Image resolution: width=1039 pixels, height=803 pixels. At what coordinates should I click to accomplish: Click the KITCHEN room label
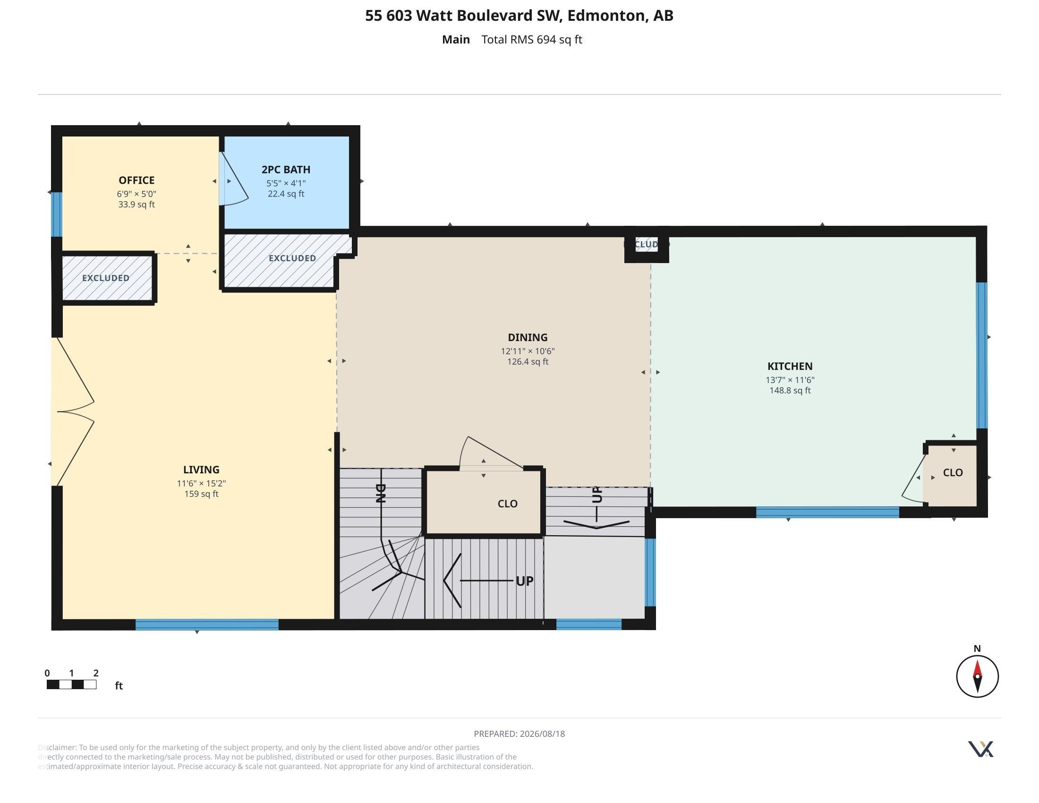(x=790, y=366)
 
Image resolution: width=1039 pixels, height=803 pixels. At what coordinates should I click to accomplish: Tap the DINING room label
(x=528, y=337)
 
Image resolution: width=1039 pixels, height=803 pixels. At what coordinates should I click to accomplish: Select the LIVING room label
(x=201, y=470)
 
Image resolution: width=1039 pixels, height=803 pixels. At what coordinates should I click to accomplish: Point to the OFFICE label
(x=136, y=180)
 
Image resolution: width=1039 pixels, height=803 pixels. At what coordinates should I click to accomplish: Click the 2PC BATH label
(x=286, y=170)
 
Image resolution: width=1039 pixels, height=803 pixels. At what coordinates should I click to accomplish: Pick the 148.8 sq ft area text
(x=790, y=391)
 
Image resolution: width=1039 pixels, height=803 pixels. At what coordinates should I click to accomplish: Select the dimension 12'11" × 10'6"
(x=528, y=351)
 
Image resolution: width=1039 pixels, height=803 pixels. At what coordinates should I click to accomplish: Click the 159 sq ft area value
(x=201, y=494)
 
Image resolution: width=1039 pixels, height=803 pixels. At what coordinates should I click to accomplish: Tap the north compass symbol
(x=977, y=676)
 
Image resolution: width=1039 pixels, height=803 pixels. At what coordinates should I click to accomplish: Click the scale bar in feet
(x=71, y=684)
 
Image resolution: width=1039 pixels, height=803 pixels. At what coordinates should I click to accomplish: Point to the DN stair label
(x=380, y=493)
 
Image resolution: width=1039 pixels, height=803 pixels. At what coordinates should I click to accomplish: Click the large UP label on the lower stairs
(x=525, y=581)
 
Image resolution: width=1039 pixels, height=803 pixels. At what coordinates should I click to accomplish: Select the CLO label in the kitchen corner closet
(x=953, y=472)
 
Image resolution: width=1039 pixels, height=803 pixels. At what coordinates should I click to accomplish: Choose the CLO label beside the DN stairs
(x=508, y=504)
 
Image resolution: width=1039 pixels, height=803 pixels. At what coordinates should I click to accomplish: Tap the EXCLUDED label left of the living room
(x=106, y=278)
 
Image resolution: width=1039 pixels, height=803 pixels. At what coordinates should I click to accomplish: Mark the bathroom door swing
(x=234, y=179)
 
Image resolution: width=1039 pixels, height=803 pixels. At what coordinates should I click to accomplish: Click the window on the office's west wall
(x=57, y=214)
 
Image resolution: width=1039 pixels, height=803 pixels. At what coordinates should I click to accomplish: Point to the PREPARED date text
(x=519, y=734)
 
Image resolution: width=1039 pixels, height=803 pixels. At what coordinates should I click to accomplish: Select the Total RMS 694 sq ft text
(x=532, y=40)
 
